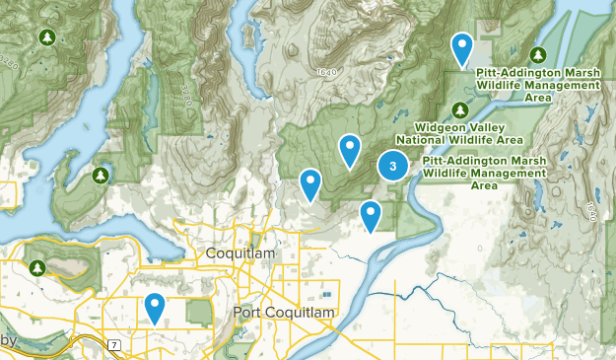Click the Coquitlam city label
click(x=242, y=254)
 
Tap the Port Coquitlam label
click(x=285, y=313)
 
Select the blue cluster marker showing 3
click(x=393, y=166)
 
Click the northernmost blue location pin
click(x=461, y=48)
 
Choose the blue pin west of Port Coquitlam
click(x=155, y=309)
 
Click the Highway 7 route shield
click(x=114, y=343)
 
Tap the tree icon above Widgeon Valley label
click(x=458, y=108)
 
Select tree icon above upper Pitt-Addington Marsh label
click(x=537, y=54)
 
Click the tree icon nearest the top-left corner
click(x=45, y=37)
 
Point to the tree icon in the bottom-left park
click(x=37, y=267)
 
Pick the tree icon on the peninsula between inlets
click(x=100, y=175)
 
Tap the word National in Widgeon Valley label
click(x=421, y=139)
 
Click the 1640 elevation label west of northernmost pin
click(x=327, y=73)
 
